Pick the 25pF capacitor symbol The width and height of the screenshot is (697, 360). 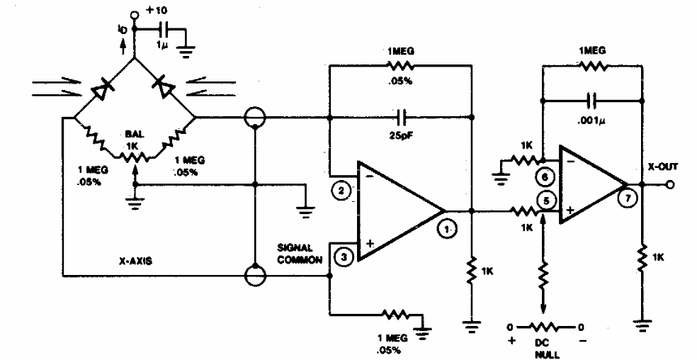click(403, 115)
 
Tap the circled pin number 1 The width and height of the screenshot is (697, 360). click(447, 229)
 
